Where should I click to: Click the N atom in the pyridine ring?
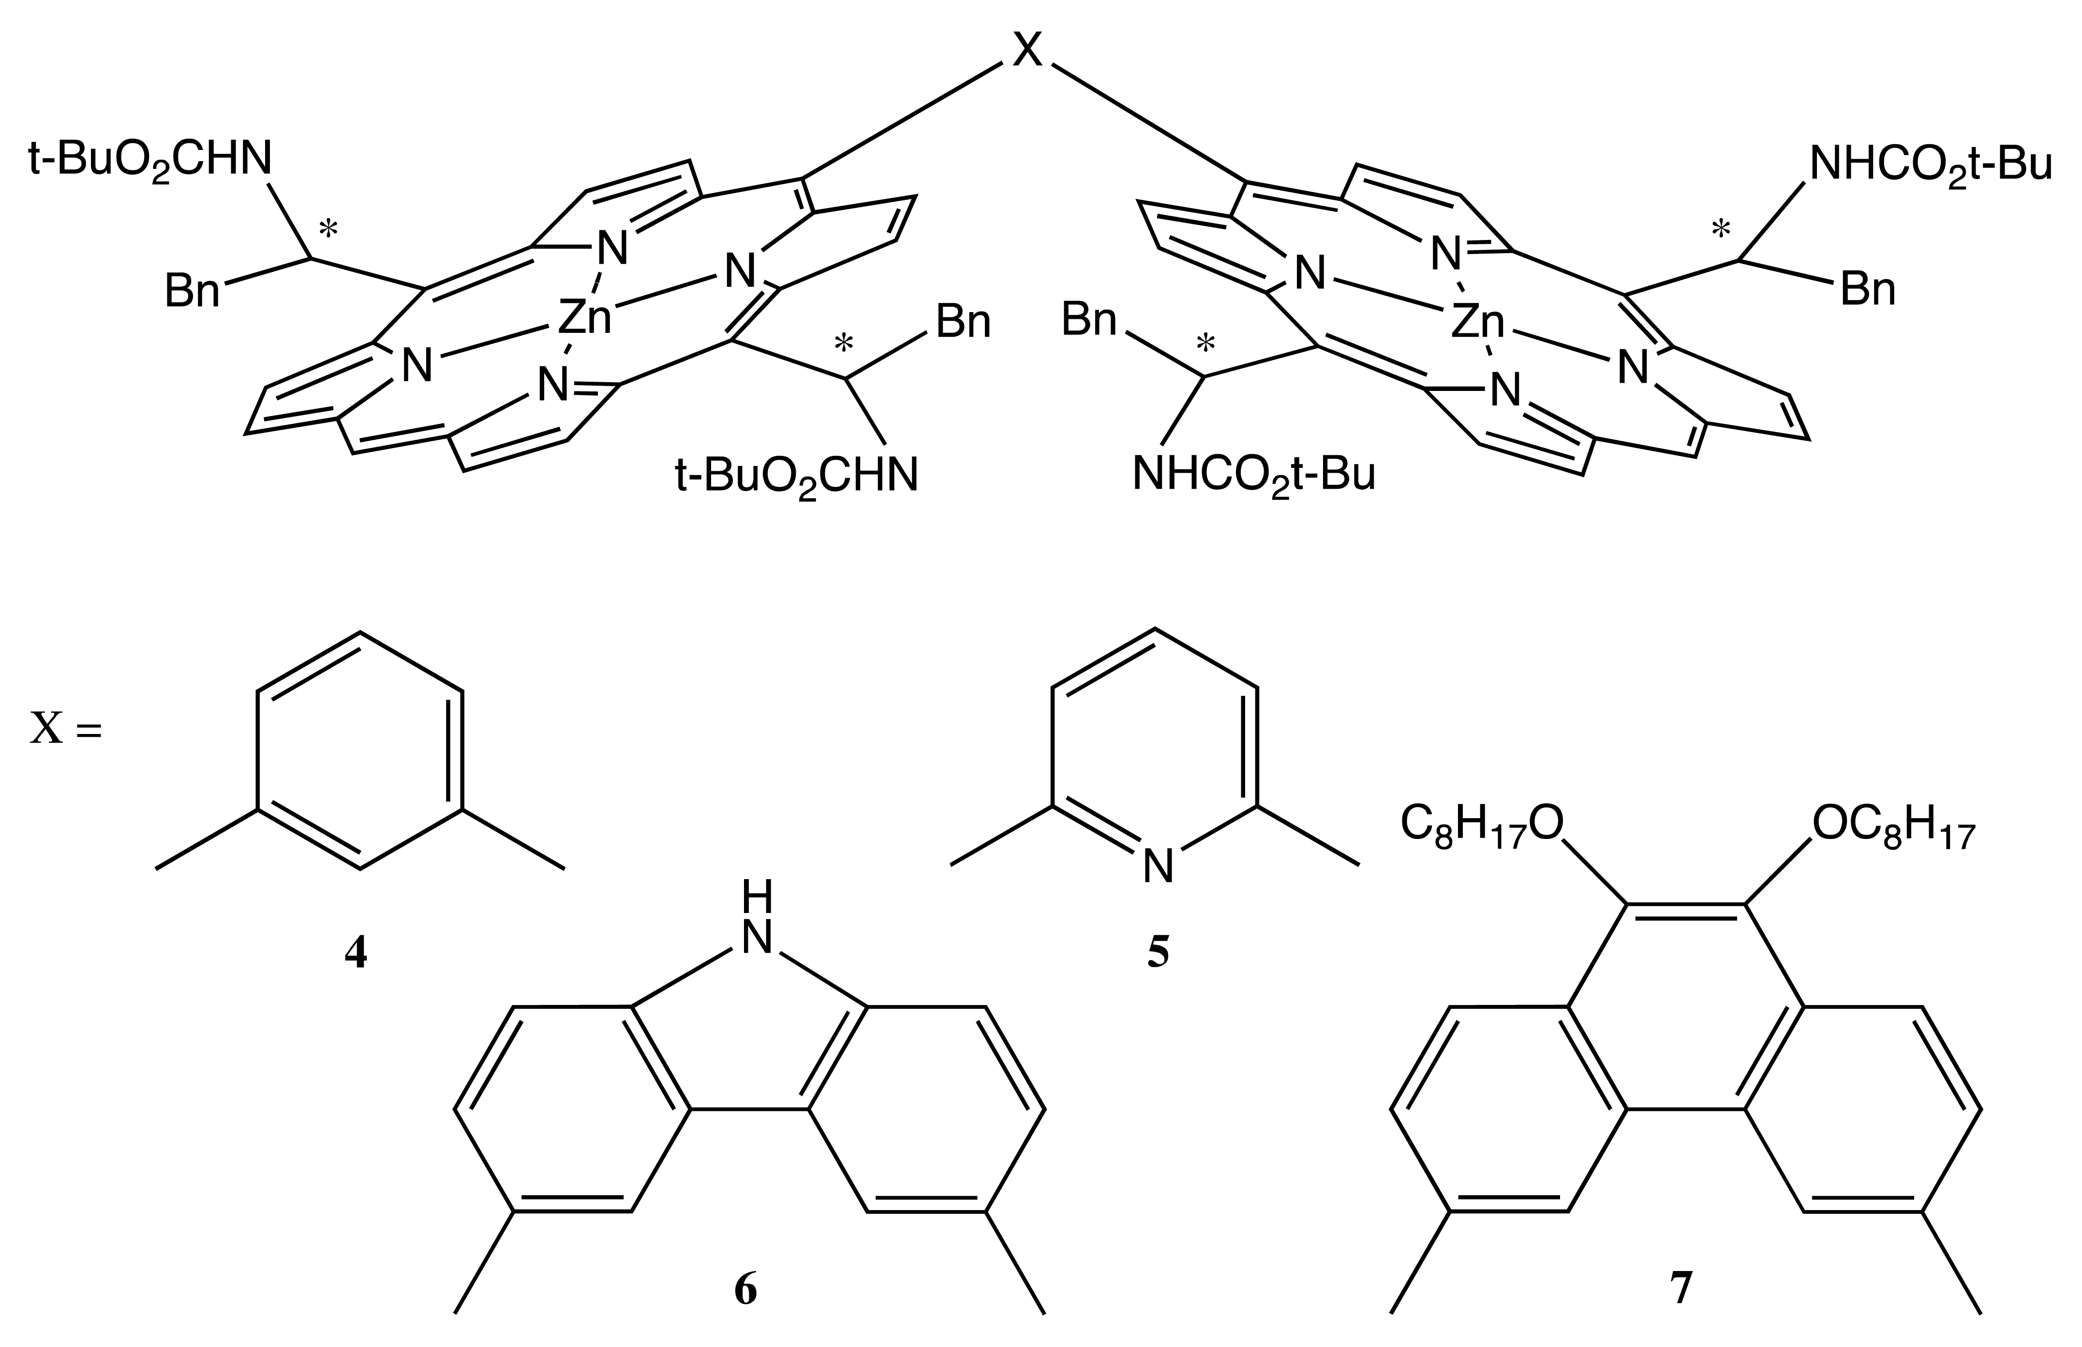(1158, 866)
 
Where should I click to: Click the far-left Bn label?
(193, 289)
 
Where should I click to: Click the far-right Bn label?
(1868, 289)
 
